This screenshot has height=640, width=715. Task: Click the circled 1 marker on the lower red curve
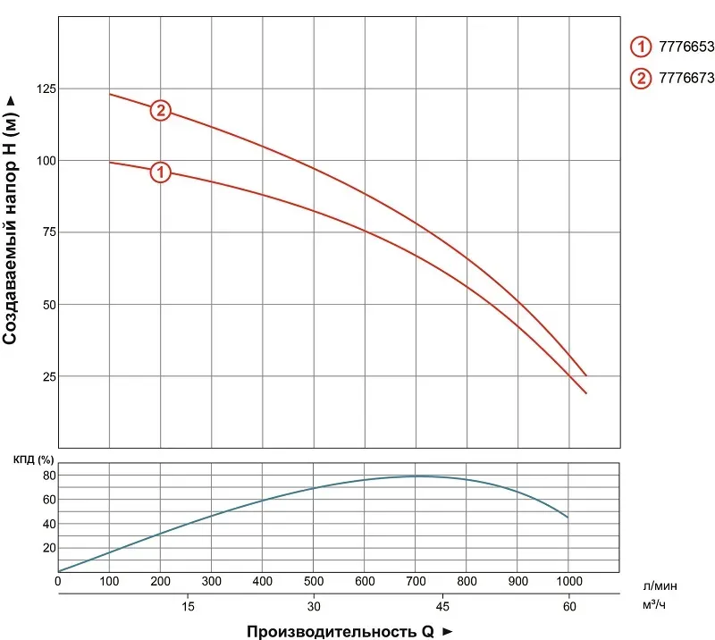pyautogui.click(x=161, y=172)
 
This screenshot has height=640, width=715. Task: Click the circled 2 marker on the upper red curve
pyautogui.click(x=161, y=111)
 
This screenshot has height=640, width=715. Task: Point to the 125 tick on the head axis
pyautogui.click(x=46, y=88)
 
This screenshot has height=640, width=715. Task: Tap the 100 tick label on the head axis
pyautogui.click(x=46, y=161)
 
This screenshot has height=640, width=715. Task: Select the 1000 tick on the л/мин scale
pyautogui.click(x=568, y=582)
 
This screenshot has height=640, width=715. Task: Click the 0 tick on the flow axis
pyautogui.click(x=58, y=582)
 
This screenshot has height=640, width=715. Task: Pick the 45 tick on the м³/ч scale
pyautogui.click(x=442, y=606)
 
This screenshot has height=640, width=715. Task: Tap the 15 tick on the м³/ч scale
pyautogui.click(x=186, y=606)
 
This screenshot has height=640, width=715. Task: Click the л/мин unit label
pyautogui.click(x=660, y=585)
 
